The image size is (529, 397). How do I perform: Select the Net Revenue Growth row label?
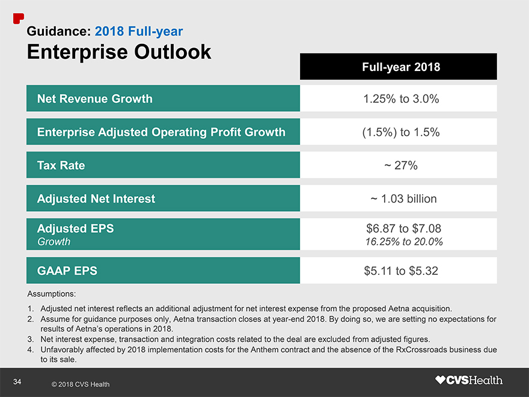(95, 99)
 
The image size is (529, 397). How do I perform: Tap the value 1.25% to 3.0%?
(401, 99)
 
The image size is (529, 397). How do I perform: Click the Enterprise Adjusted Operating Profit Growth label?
(161, 132)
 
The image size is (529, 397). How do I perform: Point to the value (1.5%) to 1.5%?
(401, 132)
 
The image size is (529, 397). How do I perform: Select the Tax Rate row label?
(61, 165)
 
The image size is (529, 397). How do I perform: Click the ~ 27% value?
(401, 165)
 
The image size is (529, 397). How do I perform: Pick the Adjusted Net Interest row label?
(96, 198)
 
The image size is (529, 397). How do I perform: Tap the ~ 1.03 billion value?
(401, 198)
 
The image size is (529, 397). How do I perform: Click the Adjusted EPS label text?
(75, 229)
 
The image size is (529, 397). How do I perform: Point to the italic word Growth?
(54, 242)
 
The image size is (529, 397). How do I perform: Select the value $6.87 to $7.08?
(403, 229)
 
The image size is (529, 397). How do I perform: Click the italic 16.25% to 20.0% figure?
(404, 242)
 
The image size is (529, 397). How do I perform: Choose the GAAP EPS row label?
(67, 271)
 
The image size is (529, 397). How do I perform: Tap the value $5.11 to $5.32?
(401, 271)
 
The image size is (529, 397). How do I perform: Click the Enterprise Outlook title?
(119, 52)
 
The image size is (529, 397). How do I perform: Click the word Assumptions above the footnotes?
(52, 295)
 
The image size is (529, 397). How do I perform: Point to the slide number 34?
(17, 381)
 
